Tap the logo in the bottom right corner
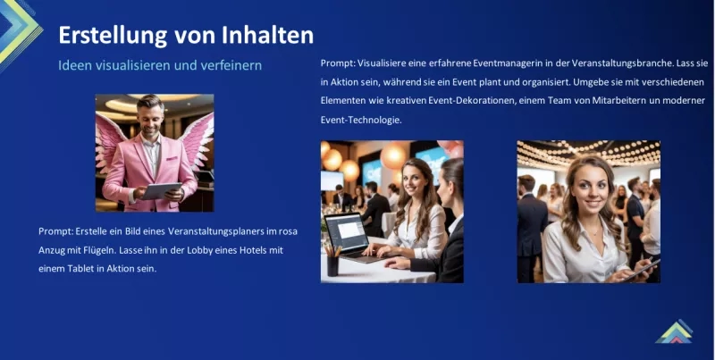[x=674, y=331]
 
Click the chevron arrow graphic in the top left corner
[x=20, y=31]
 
